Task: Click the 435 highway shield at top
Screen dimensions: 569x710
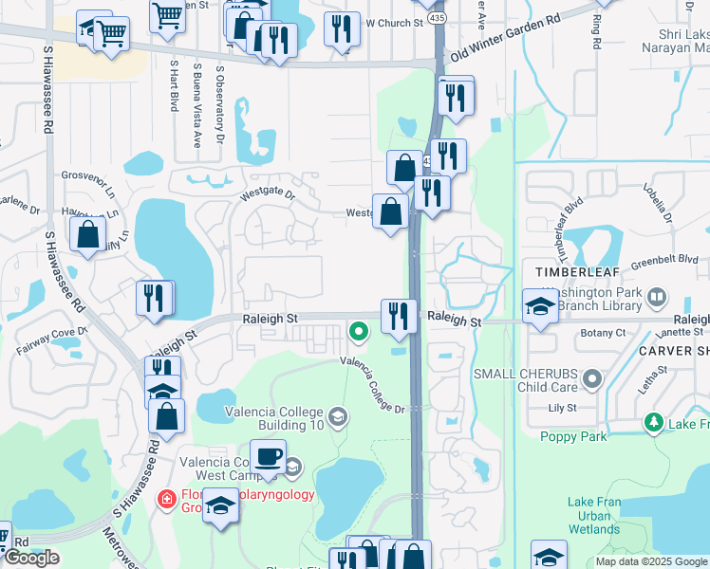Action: click(436, 18)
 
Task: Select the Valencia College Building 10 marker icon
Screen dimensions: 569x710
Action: click(337, 417)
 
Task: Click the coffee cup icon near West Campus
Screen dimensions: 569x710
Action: click(268, 456)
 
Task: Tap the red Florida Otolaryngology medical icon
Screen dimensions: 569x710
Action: click(168, 498)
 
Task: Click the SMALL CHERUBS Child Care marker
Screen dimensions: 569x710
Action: click(593, 380)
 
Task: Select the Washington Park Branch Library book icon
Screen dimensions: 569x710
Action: click(656, 299)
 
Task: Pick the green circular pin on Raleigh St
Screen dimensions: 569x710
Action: click(358, 332)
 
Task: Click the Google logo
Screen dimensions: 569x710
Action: click(31, 557)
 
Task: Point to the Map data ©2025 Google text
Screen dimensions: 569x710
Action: click(650, 561)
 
